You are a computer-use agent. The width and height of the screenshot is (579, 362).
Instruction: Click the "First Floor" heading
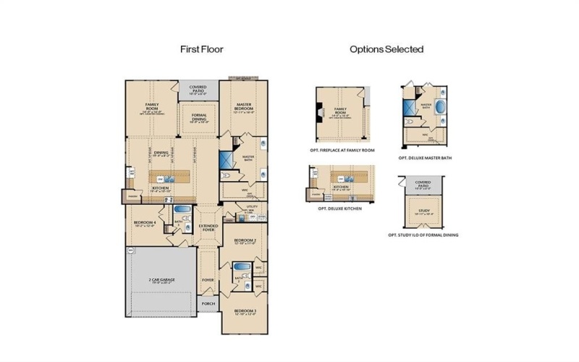coord(201,49)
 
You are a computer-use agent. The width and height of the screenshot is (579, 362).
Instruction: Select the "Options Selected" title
coord(386,49)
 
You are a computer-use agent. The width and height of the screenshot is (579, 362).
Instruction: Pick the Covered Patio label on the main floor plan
coord(198,90)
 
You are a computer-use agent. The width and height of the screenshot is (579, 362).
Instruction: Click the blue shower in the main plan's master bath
coord(226,159)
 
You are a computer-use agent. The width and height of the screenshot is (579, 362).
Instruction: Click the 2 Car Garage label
coord(162,279)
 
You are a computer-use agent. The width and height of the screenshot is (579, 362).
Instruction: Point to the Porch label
coord(208,303)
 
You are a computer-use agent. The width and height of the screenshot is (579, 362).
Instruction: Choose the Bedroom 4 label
coord(145,224)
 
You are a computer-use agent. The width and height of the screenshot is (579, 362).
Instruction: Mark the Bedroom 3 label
coord(244,312)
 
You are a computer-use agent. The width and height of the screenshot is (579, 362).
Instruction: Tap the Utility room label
coord(252,208)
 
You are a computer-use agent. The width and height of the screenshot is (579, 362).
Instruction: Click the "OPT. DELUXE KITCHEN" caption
coord(338,207)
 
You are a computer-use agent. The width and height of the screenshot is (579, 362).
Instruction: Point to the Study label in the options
coord(423,212)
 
